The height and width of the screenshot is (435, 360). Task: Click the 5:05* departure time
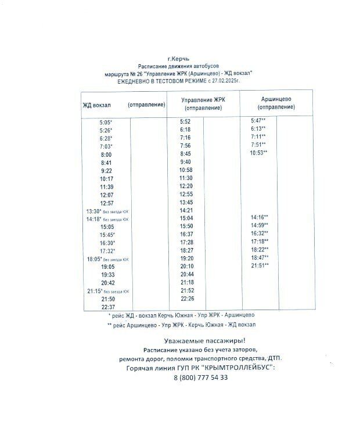[106, 123]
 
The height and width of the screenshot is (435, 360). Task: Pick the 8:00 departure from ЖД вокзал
[106, 155]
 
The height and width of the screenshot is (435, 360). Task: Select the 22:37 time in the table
[107, 307]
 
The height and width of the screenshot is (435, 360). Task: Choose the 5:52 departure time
[185, 121]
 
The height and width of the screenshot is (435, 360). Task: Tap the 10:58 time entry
[186, 170]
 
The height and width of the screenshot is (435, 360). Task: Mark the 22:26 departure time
[186, 299]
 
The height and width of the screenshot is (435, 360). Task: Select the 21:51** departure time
[259, 265]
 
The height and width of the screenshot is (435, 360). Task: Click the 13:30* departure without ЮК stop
[95, 211]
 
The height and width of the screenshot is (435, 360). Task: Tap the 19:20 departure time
[186, 258]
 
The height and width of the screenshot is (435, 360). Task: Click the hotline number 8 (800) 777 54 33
[200, 378]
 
